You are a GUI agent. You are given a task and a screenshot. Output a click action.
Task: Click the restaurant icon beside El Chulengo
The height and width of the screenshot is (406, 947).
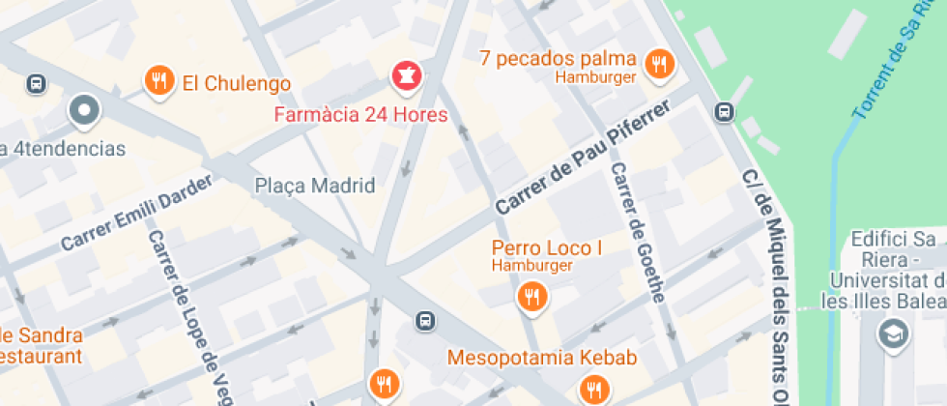[159, 81]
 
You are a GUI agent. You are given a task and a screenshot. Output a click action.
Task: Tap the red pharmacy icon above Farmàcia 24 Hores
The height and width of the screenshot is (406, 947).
[406, 75]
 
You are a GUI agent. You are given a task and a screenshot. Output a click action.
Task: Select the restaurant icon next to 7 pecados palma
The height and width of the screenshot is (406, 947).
[660, 65]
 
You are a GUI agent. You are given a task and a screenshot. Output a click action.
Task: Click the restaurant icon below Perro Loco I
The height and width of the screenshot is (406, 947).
[531, 296]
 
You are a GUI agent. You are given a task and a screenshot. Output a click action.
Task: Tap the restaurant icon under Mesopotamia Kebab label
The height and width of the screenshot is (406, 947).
[592, 390]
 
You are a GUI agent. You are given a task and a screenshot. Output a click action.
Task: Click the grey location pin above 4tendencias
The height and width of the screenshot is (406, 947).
[84, 110]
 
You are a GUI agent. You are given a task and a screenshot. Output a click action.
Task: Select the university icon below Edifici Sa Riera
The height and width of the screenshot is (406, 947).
[891, 335]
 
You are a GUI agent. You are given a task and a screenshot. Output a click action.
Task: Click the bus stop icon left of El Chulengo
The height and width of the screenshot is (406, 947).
[36, 84]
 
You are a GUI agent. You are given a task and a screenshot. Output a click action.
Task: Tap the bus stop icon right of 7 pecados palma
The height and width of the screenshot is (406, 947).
[724, 112]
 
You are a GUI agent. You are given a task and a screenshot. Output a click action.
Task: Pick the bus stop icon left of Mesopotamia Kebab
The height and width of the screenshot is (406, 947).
[423, 320]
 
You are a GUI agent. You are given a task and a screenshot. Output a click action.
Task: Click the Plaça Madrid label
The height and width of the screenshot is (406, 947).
[314, 186]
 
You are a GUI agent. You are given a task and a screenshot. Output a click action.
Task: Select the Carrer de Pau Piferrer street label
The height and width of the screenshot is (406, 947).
[582, 161]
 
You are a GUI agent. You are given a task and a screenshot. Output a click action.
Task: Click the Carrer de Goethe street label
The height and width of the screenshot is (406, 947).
[637, 232]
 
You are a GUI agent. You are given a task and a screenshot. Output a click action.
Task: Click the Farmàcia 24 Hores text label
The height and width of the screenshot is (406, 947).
[361, 116]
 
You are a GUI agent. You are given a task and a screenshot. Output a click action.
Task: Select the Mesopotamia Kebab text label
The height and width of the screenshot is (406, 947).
[541, 359]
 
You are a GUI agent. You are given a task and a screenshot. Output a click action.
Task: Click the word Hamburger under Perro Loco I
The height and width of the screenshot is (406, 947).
[532, 266]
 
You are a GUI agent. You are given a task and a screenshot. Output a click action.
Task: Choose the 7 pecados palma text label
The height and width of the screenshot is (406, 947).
[558, 58]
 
